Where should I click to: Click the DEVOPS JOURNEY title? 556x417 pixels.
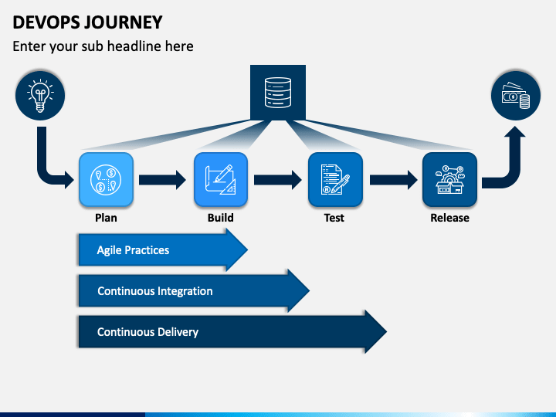87,22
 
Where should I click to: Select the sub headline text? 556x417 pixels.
103,46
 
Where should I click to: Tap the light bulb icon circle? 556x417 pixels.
40,96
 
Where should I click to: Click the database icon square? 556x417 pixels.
278,92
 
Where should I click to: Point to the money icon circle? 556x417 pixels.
516,96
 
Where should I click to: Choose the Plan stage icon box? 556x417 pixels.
106,179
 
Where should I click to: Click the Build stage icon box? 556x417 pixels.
221,179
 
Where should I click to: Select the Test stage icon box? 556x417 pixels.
335,179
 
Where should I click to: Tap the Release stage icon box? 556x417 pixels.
449,179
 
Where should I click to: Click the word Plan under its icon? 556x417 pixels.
106,217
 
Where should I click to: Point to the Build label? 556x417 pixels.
221,217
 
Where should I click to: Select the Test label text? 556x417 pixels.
334,217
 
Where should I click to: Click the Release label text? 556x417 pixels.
449,217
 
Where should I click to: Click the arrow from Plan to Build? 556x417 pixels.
162,180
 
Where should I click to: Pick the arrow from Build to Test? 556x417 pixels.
278,180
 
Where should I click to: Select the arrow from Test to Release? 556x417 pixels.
394,180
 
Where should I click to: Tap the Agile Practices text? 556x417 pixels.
133,250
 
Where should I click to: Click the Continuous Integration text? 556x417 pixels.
155,291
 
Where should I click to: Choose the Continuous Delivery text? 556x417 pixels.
147,332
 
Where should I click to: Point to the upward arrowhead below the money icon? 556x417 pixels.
515,132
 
